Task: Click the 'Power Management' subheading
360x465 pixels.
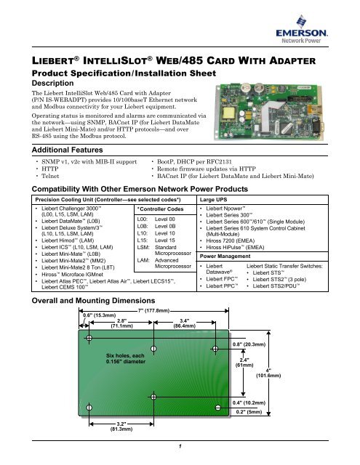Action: tap(226, 277)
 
